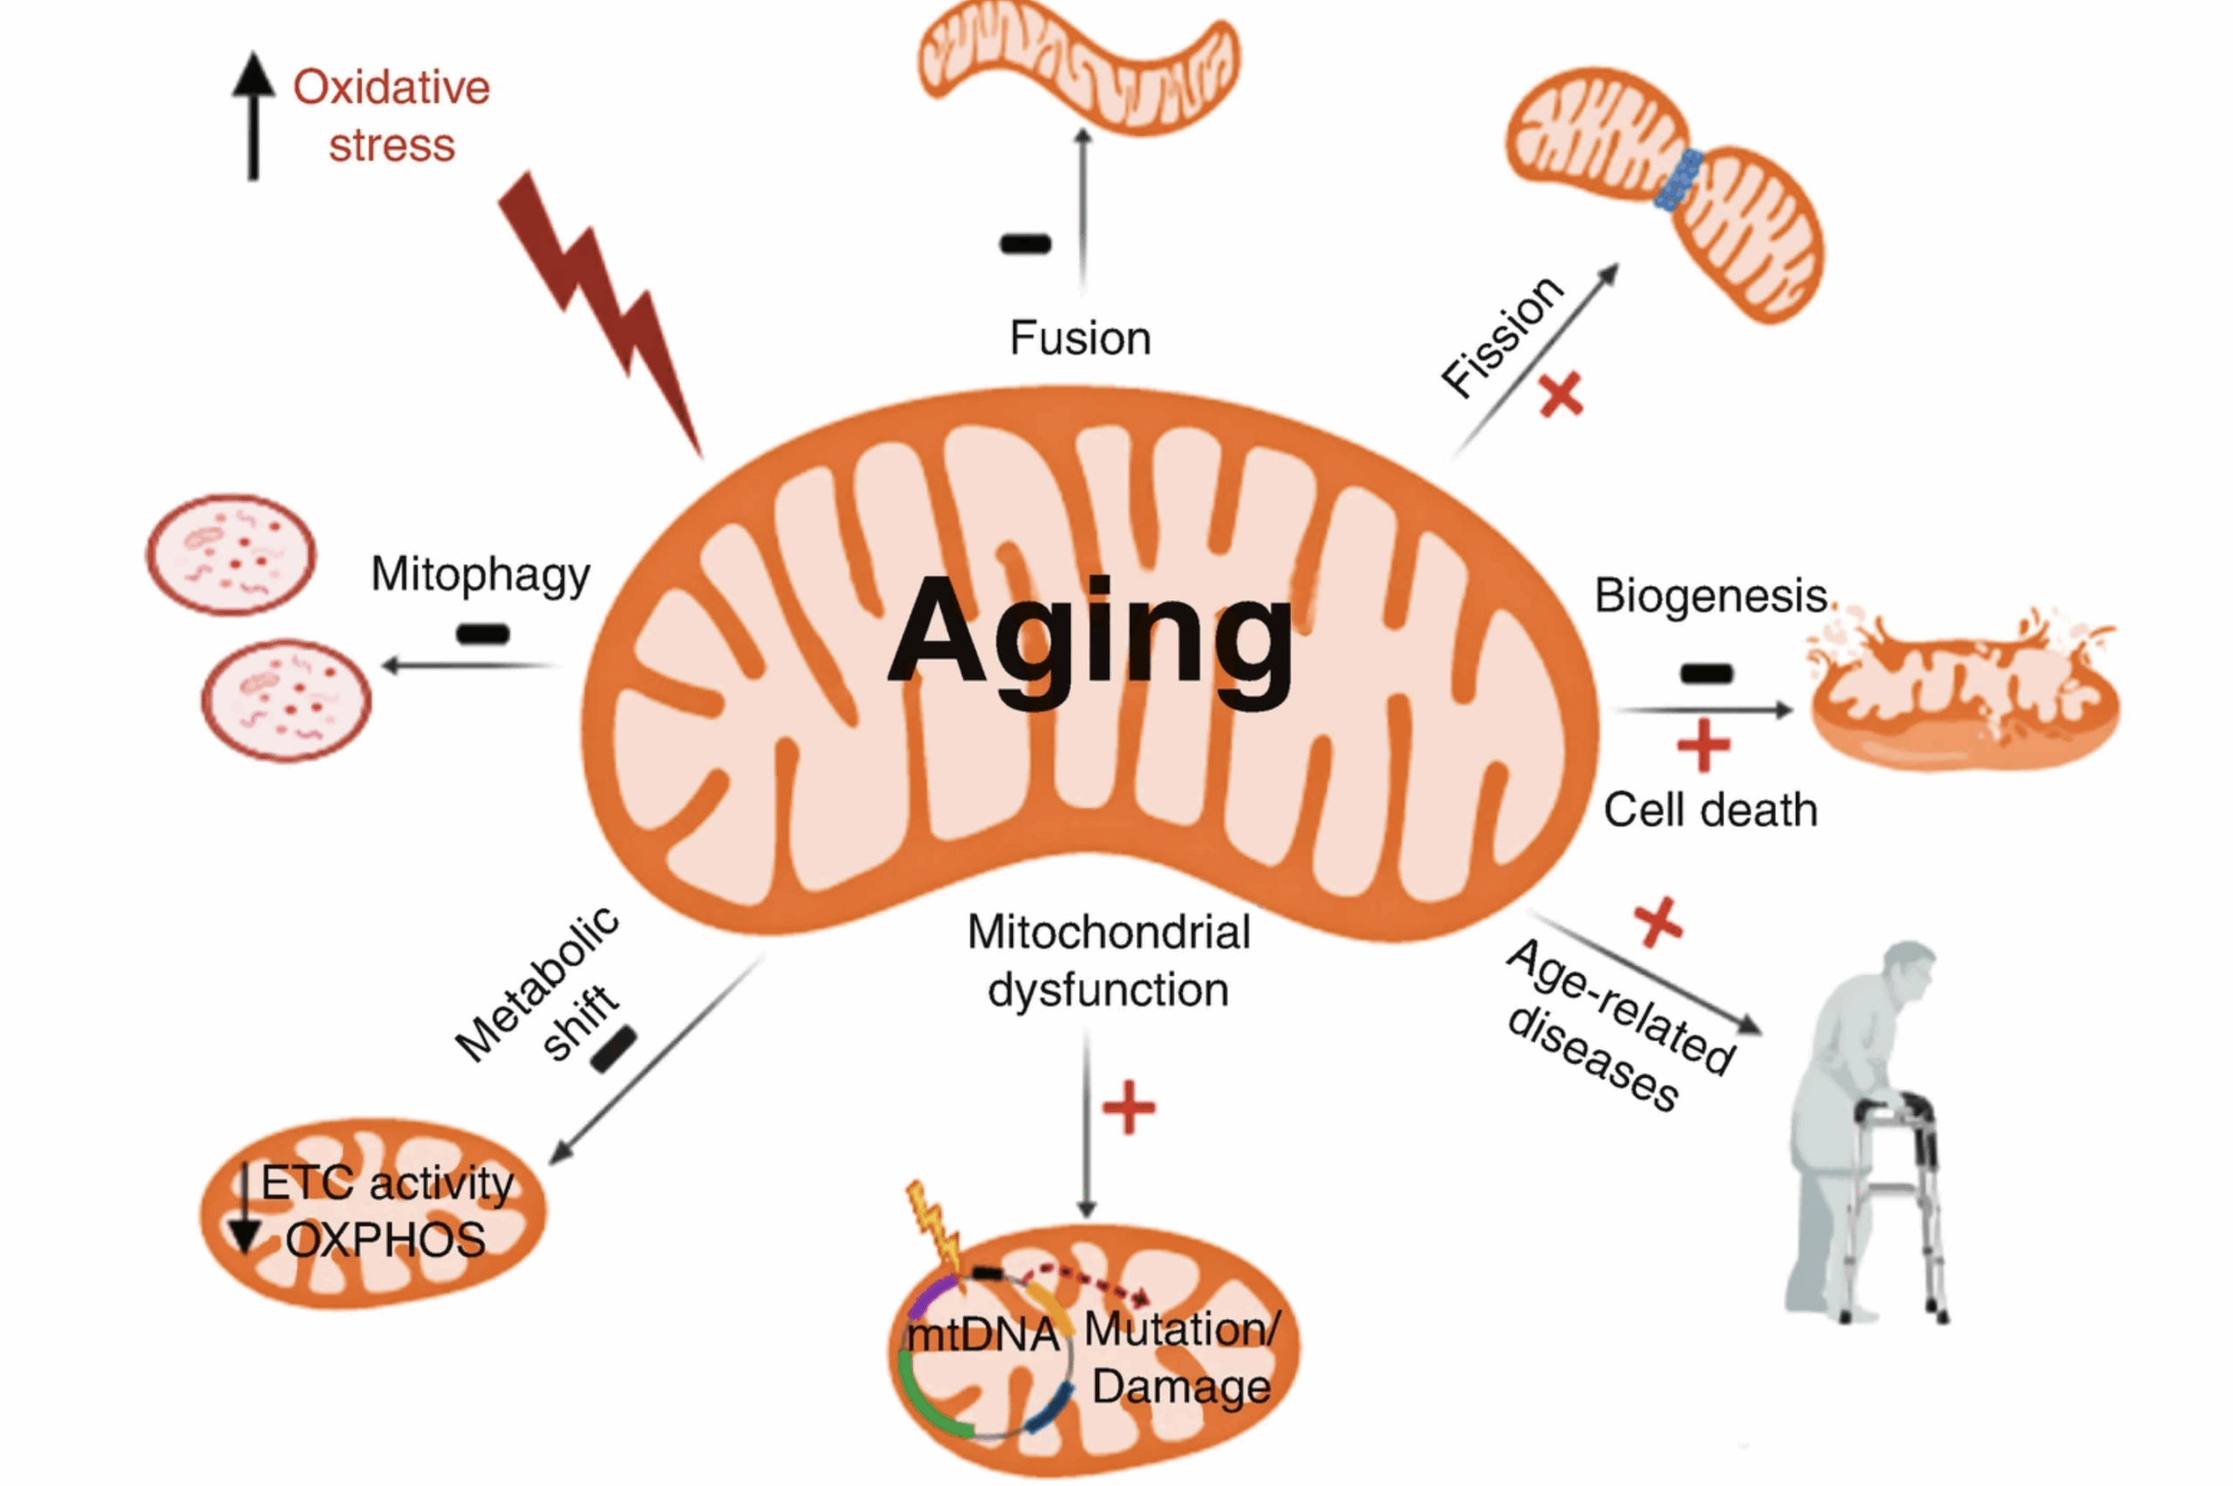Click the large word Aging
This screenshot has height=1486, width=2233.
pos(1090,635)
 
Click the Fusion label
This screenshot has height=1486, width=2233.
pos(1081,338)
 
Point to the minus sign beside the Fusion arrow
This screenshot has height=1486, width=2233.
pos(1026,244)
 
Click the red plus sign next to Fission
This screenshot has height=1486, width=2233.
pos(1560,395)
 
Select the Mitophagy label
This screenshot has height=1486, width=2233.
pos(481,575)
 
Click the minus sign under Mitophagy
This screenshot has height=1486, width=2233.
pos(482,633)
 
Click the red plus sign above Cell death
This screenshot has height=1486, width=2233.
pos(1704,746)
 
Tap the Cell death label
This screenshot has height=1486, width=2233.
pos(1710,810)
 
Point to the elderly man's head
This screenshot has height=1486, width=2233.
pos(1907,971)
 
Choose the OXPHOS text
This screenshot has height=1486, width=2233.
pos(386,1239)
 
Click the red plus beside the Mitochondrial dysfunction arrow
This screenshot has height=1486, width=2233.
pos(1129,1108)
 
